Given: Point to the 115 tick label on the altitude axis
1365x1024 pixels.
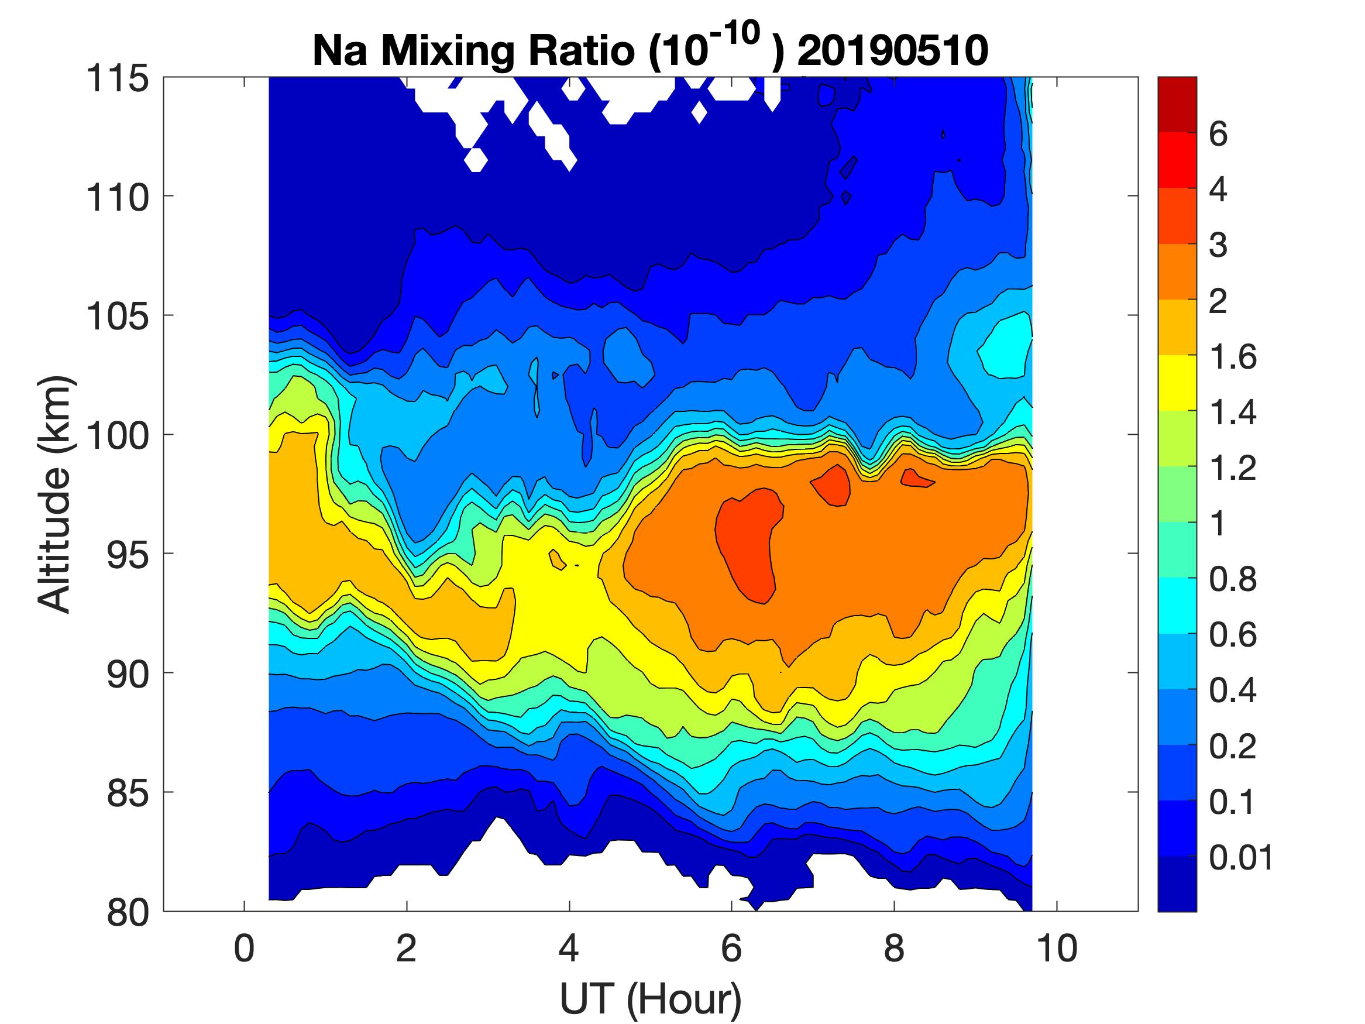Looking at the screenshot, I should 117,79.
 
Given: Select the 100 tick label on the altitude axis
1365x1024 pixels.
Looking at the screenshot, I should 117,436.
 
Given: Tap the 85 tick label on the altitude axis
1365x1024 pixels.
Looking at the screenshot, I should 128,793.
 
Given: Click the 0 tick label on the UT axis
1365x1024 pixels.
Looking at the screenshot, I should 245,949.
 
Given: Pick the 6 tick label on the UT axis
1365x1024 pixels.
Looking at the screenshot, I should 731,949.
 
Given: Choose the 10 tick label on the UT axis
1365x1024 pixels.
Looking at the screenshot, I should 1057,949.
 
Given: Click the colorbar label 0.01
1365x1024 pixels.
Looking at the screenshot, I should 1240,858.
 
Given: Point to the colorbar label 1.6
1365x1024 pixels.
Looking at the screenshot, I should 1232,358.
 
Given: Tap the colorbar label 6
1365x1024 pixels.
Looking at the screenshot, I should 1218,135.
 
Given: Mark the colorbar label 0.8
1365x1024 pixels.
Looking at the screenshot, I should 1232,580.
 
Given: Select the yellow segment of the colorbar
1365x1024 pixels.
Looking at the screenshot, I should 1177,383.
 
